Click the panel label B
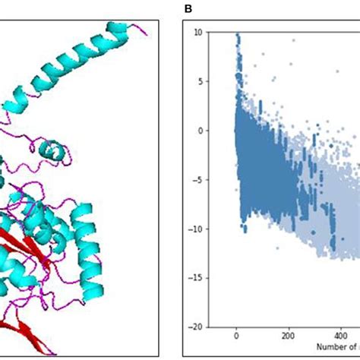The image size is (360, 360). [188, 9]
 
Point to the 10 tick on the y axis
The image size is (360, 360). [197, 32]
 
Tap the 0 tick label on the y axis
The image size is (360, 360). [200, 130]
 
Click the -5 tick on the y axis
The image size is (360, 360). [197, 179]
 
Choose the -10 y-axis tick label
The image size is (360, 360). [196, 228]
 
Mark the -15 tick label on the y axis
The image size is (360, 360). [196, 277]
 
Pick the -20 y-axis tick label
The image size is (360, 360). [196, 326]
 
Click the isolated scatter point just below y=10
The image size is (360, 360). [293, 39]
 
